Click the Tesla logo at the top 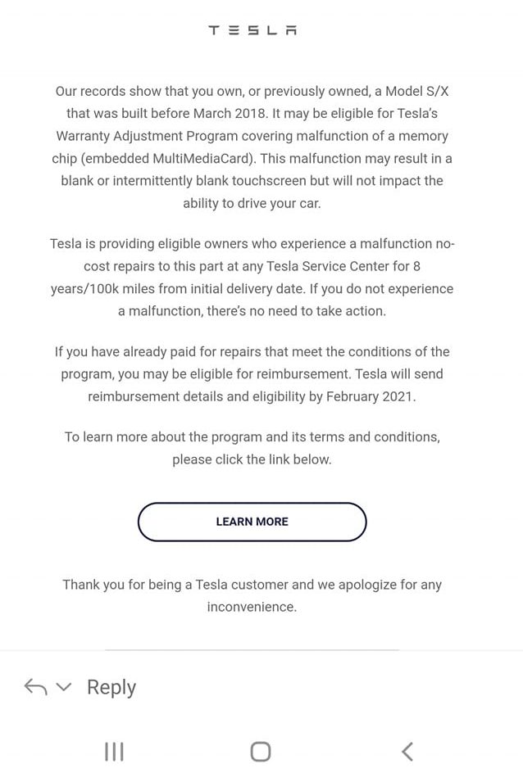(x=252, y=30)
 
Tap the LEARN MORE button (x=252, y=522)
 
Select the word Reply (x=111, y=688)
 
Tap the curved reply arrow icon (x=35, y=687)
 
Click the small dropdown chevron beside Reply (x=64, y=687)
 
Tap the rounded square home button (x=261, y=752)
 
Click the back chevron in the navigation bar (x=407, y=752)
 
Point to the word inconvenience (x=251, y=607)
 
